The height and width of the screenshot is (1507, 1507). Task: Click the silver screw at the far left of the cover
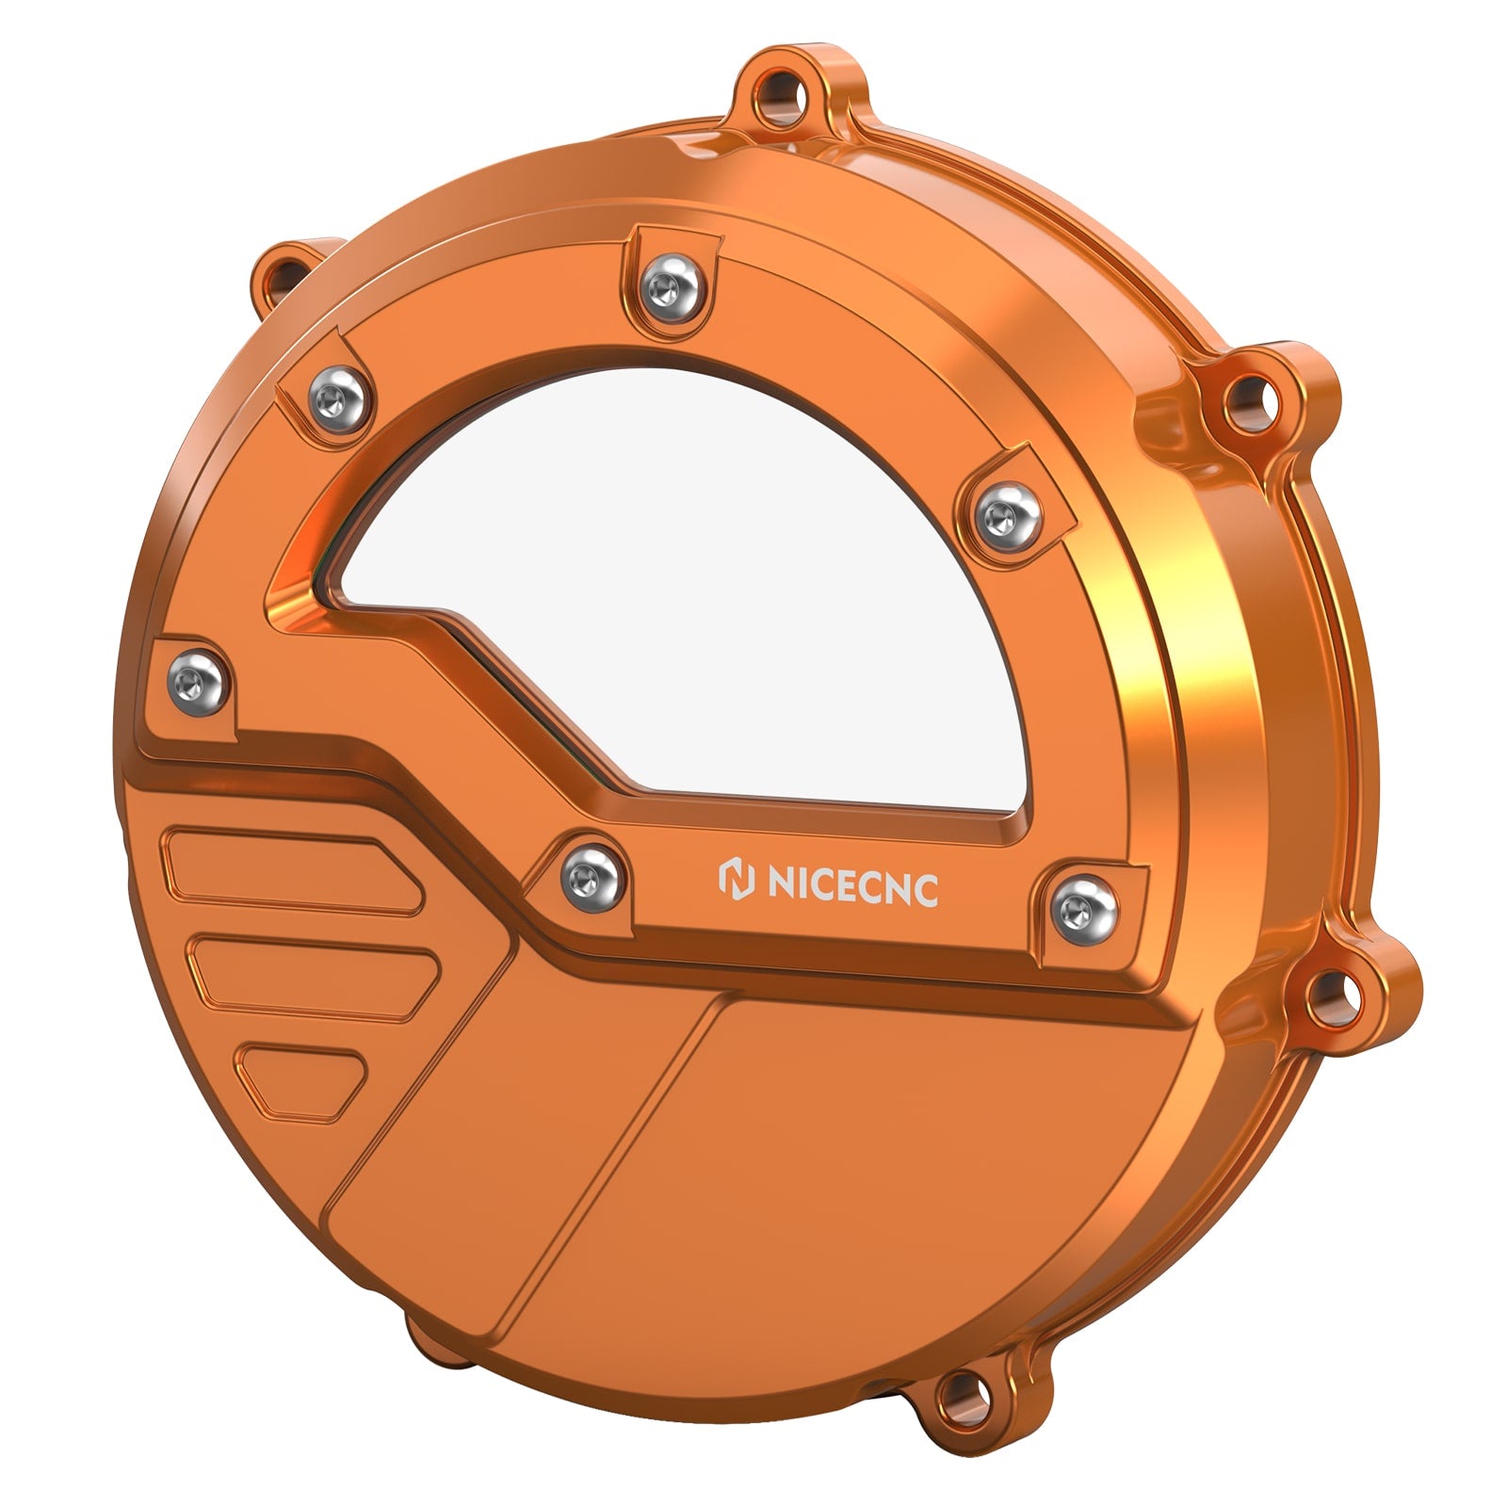tap(198, 683)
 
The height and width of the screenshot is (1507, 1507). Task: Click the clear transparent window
tap(716, 603)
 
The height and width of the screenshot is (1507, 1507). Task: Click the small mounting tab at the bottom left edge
tap(429, 1337)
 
